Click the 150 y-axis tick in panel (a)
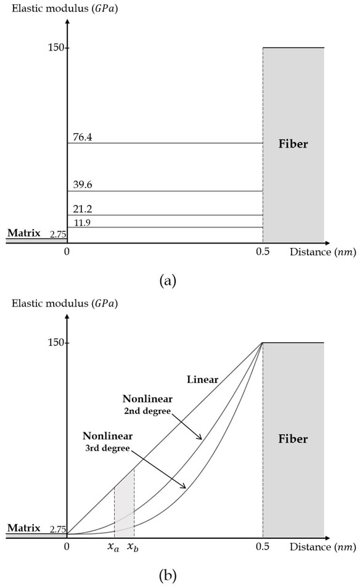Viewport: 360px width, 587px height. tap(57, 48)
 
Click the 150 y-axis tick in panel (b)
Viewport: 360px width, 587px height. tap(57, 343)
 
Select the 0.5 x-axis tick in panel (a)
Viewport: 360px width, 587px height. tap(264, 252)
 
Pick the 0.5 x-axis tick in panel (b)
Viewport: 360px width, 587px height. tap(264, 546)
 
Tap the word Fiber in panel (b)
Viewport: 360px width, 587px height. tap(293, 440)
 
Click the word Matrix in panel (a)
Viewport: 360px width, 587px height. tap(23, 234)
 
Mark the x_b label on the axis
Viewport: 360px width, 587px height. tap(133, 546)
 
